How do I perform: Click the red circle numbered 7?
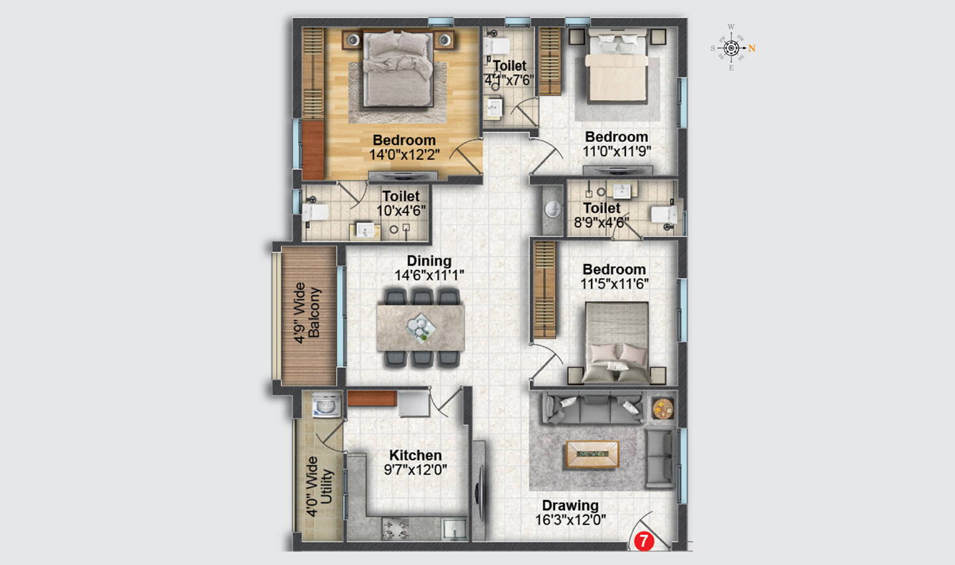pyautogui.click(x=644, y=541)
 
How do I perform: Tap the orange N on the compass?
pyautogui.click(x=751, y=48)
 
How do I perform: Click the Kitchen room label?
pyautogui.click(x=415, y=455)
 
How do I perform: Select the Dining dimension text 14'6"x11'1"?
pyautogui.click(x=429, y=275)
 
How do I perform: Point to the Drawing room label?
pyautogui.click(x=570, y=505)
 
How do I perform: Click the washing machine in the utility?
pyautogui.click(x=326, y=405)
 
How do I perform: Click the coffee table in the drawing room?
pyautogui.click(x=592, y=454)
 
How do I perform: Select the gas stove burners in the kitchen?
pyautogui.click(x=396, y=529)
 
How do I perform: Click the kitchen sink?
pyautogui.click(x=454, y=529)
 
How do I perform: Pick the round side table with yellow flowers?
pyautogui.click(x=663, y=408)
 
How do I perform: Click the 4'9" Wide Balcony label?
pyautogui.click(x=307, y=313)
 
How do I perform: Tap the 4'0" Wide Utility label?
pyautogui.click(x=319, y=487)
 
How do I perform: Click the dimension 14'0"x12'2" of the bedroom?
pyautogui.click(x=404, y=155)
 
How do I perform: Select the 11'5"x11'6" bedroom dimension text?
pyautogui.click(x=614, y=284)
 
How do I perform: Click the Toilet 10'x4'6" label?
pyautogui.click(x=401, y=204)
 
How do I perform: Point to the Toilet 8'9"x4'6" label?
pyautogui.click(x=602, y=216)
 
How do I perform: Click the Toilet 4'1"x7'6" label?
pyautogui.click(x=509, y=73)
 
